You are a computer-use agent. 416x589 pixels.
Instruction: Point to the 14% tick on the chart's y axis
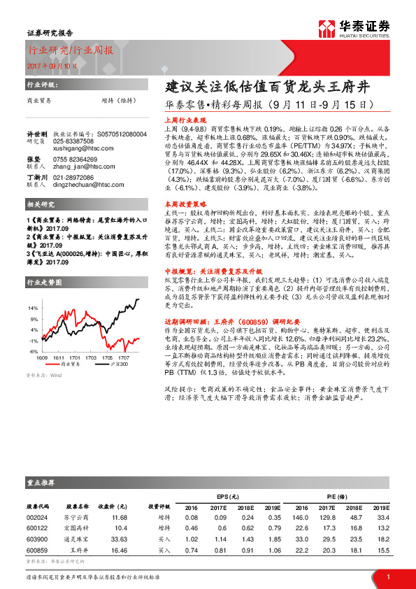pos(34,308)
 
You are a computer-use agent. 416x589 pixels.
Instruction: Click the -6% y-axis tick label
pos(34,350)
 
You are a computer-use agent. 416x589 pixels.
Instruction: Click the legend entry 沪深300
pos(106,364)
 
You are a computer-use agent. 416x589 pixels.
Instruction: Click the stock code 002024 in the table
pos(37,516)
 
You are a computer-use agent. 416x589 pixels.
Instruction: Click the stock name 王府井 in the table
pos(79,551)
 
